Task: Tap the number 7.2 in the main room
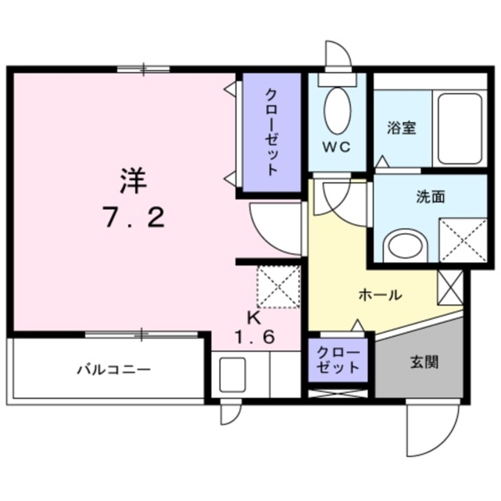coord(134,217)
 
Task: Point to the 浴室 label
coord(401,129)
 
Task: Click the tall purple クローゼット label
coord(271,132)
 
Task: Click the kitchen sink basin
coord(231,373)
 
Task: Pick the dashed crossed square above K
coord(278,287)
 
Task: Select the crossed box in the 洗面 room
coord(463,240)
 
